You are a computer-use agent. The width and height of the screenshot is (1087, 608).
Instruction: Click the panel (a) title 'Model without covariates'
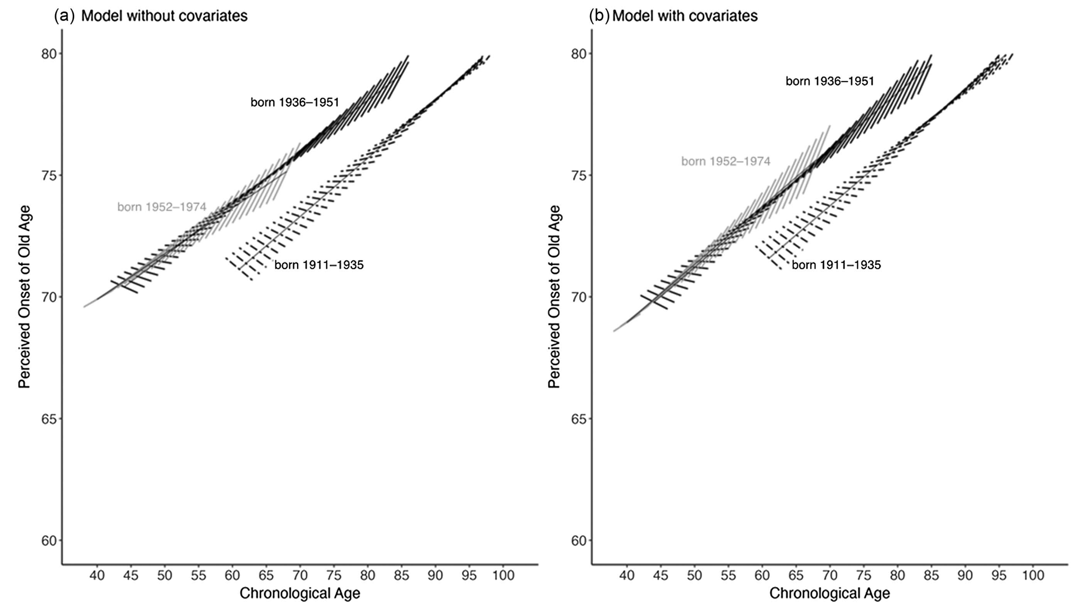164,16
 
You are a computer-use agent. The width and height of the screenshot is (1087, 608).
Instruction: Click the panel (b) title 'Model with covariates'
684,16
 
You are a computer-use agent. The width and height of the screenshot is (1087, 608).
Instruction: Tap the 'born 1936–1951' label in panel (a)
294,102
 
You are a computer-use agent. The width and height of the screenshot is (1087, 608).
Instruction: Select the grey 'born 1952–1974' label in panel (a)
161,207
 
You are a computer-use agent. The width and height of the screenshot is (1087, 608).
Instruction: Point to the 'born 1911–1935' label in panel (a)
319,265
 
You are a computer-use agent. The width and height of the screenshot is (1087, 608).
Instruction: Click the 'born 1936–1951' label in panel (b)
829,81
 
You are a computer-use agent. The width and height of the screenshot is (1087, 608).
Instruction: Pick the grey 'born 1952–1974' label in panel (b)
725,161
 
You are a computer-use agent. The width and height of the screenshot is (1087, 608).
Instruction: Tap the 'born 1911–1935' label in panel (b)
836,265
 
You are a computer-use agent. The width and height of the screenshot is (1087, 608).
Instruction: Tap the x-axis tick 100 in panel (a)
503,575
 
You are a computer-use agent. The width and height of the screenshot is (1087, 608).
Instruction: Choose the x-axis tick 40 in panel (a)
97,575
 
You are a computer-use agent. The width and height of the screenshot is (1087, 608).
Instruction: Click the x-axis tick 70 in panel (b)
830,575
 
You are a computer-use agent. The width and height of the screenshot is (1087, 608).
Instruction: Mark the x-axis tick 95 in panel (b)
999,575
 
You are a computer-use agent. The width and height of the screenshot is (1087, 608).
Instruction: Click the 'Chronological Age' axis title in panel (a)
300,593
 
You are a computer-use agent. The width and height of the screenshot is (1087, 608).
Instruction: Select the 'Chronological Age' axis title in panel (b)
829,593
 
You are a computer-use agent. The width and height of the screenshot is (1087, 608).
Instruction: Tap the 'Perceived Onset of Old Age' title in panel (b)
554,297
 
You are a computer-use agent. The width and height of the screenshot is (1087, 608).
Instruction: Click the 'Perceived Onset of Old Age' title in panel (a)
24,297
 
